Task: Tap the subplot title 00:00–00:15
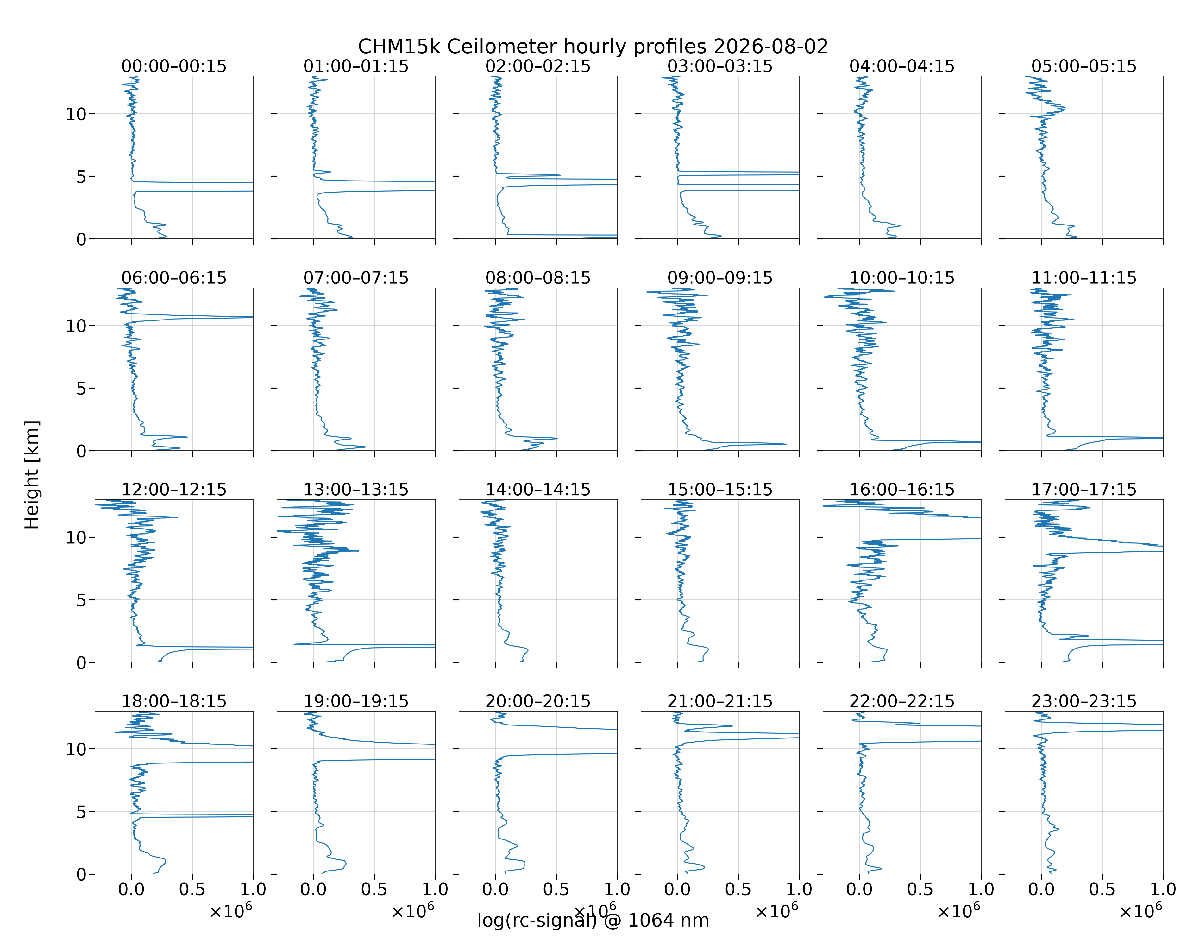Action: [174, 66]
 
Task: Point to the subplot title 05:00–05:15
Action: [1083, 66]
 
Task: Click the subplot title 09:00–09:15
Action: [719, 278]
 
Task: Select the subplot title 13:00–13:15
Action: [356, 490]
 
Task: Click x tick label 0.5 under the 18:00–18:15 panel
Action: [192, 890]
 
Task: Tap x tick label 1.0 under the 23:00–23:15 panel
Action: [1163, 890]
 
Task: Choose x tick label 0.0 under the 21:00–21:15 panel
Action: [677, 890]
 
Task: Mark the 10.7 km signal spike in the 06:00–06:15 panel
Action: [252, 317]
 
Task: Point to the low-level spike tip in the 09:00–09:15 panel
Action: [786, 444]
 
